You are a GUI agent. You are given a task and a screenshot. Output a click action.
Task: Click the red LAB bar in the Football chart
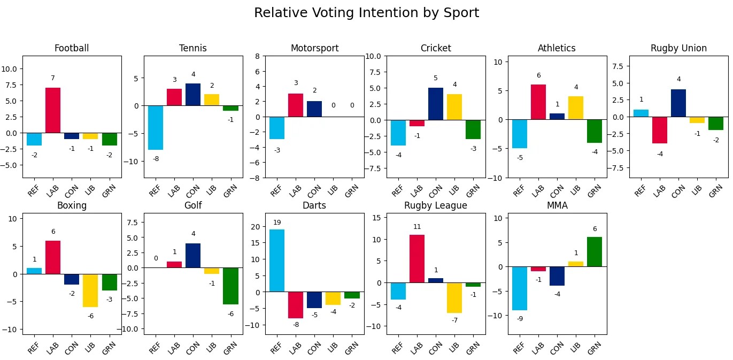click(53, 110)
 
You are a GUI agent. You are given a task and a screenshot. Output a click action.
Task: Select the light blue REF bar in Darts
click(276, 261)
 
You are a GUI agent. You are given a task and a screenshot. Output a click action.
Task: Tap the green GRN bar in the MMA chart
click(595, 251)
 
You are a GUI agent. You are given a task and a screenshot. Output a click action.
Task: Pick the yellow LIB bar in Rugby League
click(454, 297)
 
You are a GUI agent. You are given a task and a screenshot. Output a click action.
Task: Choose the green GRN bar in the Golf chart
click(230, 286)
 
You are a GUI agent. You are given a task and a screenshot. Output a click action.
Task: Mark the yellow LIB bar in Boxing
click(90, 290)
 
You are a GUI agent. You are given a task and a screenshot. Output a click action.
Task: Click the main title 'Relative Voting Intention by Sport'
click(366, 13)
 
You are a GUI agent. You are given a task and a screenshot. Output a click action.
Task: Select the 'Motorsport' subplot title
click(314, 48)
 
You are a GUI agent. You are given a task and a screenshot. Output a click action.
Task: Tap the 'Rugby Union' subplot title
click(678, 48)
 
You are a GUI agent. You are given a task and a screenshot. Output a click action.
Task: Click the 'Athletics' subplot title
click(557, 48)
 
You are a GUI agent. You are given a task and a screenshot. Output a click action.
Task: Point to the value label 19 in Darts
click(276, 223)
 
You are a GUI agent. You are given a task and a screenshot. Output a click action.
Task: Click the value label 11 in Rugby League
click(417, 227)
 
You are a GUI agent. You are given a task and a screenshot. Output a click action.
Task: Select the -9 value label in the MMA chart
click(520, 319)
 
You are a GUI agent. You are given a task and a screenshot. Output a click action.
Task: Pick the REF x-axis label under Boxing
click(34, 348)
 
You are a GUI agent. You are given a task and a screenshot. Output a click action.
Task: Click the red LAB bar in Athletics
click(538, 102)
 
